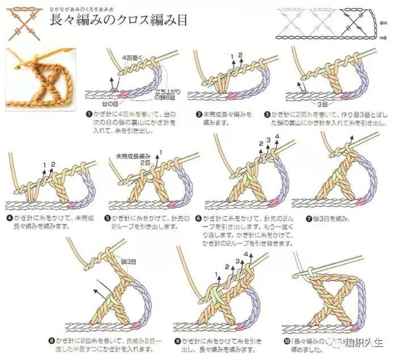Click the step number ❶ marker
pos(89,113)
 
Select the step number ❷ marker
pos(199,114)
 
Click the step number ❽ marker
pos(52,341)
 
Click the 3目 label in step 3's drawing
pos(322,104)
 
